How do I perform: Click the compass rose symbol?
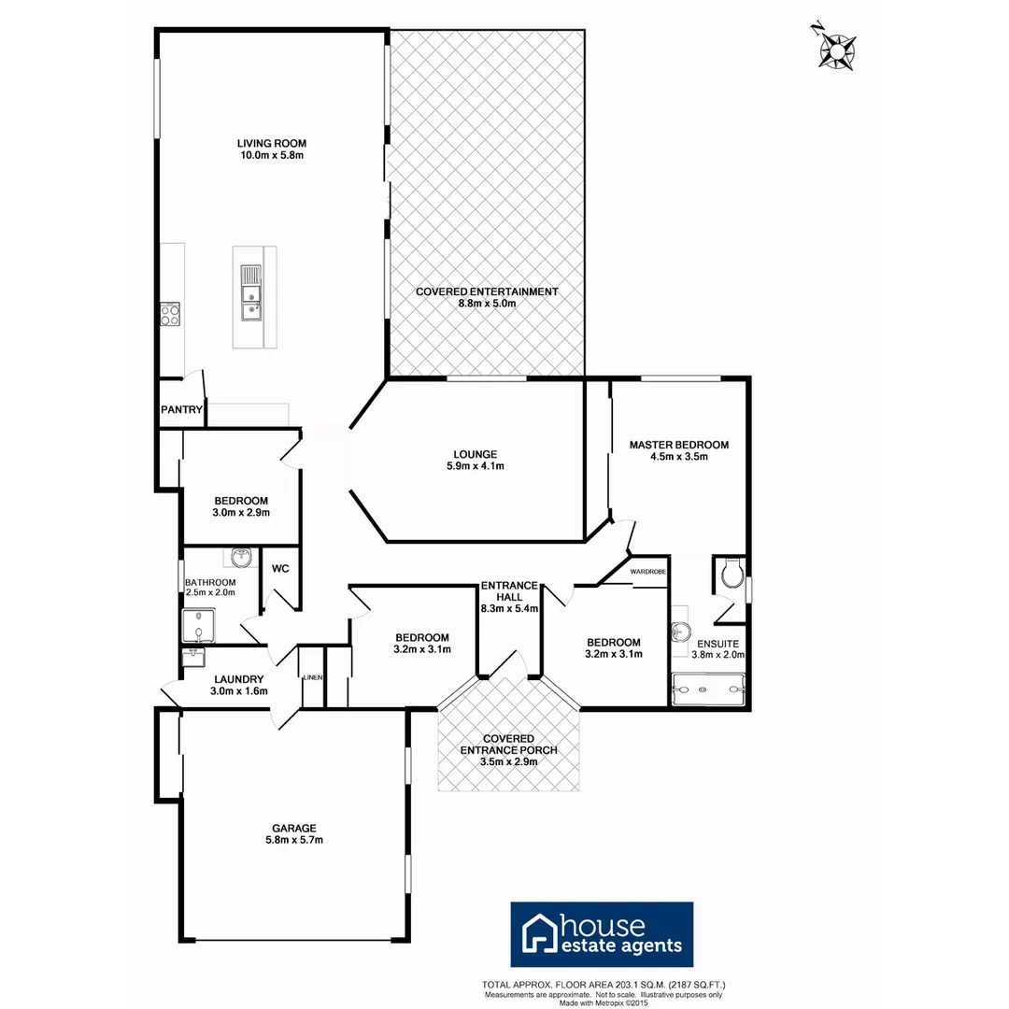(837, 48)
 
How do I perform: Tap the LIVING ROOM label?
(271, 143)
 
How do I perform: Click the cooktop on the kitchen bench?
(170, 314)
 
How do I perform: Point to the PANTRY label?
(181, 409)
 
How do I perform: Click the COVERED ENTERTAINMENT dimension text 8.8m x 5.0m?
(487, 304)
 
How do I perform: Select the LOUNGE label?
(473, 455)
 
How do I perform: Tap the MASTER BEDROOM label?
(678, 445)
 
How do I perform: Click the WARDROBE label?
(647, 570)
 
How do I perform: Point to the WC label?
(280, 568)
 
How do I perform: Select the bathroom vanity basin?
(242, 559)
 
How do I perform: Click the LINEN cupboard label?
(312, 677)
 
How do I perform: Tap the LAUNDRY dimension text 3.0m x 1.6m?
(240, 691)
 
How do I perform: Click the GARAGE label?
(294, 828)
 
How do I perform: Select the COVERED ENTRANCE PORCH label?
(509, 744)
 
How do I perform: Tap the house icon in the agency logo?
(538, 934)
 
